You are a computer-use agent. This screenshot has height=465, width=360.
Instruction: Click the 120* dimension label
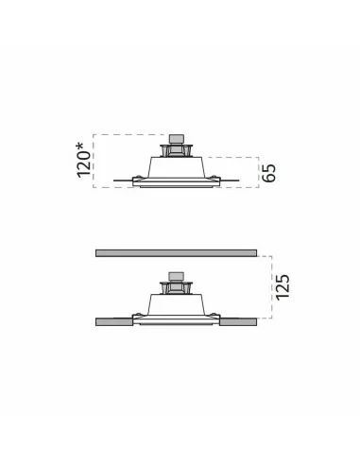[x=84, y=160]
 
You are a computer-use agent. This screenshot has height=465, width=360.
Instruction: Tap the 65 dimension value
[x=268, y=173]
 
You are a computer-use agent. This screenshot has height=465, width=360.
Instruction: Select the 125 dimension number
[x=283, y=287]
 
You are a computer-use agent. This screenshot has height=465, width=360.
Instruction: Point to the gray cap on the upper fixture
[x=177, y=139]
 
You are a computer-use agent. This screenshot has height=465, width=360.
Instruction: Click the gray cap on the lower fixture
[x=177, y=276]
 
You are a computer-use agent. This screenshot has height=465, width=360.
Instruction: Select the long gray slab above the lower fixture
[x=176, y=253]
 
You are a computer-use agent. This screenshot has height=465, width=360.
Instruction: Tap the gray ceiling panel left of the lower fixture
[x=114, y=321]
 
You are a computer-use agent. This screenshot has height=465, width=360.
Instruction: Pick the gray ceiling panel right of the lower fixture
[x=238, y=321]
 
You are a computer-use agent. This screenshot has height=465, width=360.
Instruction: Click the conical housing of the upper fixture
[x=177, y=167]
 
